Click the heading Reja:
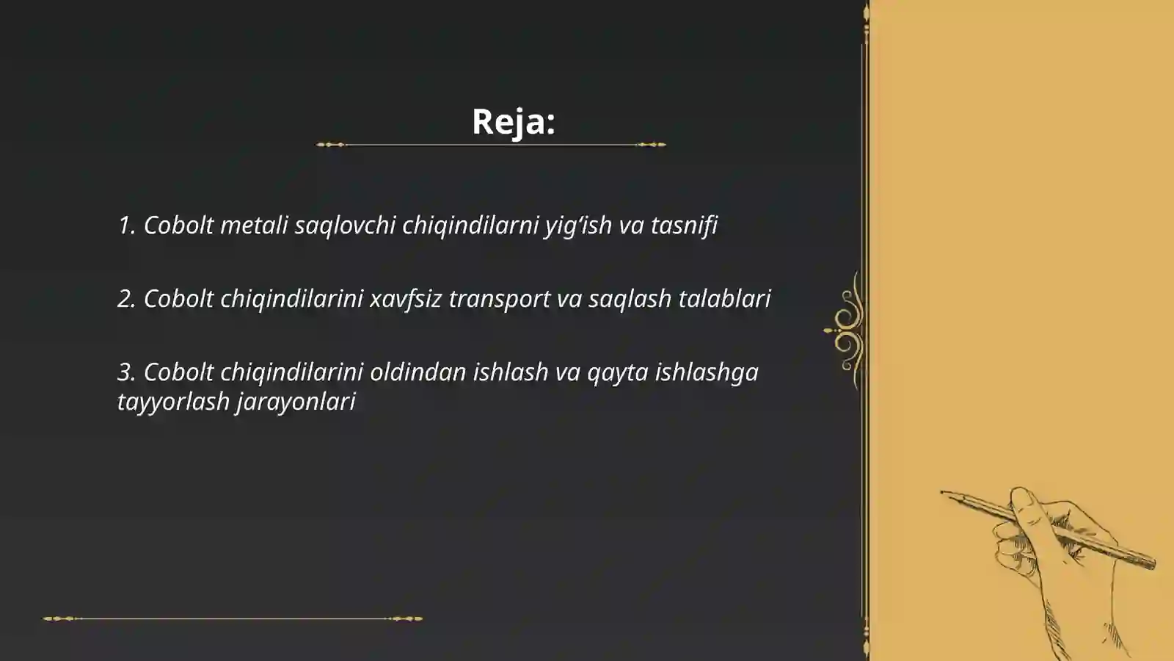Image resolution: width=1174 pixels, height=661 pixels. [513, 121]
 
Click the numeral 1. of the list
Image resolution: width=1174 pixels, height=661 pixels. [127, 225]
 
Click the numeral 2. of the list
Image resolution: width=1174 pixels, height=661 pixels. [127, 298]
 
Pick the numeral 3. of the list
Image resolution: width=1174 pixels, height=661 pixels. [127, 372]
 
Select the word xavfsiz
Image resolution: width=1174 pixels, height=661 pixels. [406, 298]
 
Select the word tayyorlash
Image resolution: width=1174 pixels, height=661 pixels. [173, 402]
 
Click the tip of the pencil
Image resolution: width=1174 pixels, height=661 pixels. [944, 493]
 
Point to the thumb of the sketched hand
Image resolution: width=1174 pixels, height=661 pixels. [1024, 503]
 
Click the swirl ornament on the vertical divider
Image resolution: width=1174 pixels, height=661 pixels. [847, 330]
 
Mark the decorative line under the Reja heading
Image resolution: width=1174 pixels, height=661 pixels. [491, 145]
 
